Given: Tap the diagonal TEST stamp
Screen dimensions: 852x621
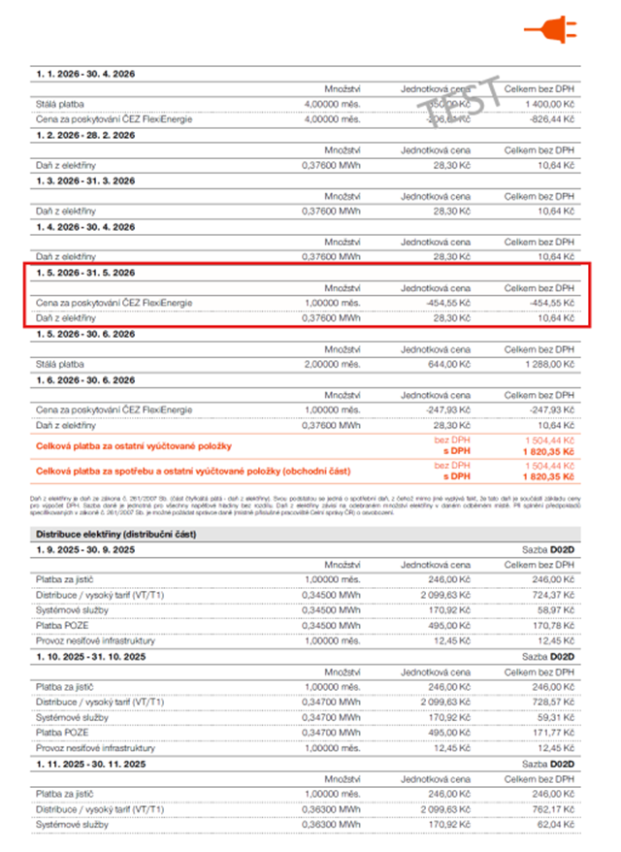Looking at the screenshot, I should click(467, 99).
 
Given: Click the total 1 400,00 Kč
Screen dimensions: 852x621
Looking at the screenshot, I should click(547, 103).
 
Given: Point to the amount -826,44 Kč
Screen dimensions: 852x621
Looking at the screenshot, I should click(550, 118).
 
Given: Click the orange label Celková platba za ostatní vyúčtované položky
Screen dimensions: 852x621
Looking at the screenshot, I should click(133, 444).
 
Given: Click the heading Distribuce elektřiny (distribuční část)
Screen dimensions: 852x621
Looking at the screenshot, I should click(119, 534).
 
